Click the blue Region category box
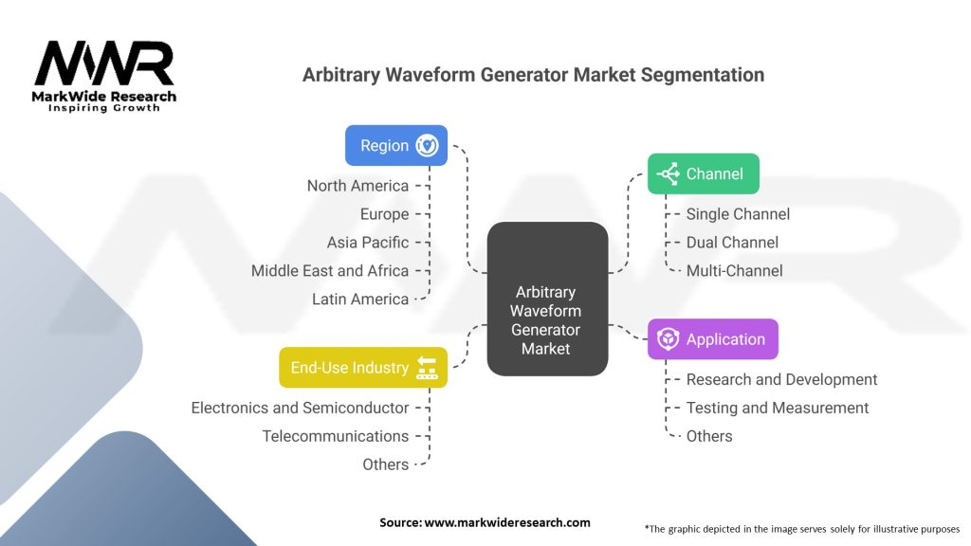point(395,146)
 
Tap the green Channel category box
point(703,173)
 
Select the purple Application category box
point(712,339)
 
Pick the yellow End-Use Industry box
point(363,368)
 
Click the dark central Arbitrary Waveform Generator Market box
point(547,298)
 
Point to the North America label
point(357,186)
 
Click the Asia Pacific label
point(368,243)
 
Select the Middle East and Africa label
point(330,271)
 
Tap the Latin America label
point(360,300)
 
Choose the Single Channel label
point(738,214)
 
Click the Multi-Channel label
point(734,271)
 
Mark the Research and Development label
point(781,380)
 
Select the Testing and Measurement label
point(778,409)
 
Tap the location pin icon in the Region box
point(427,146)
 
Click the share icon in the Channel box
point(669,173)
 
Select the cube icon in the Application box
point(669,339)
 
